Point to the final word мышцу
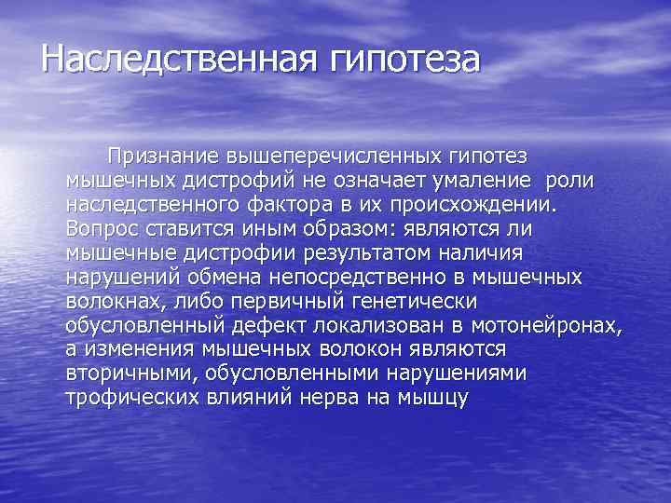(436, 399)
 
